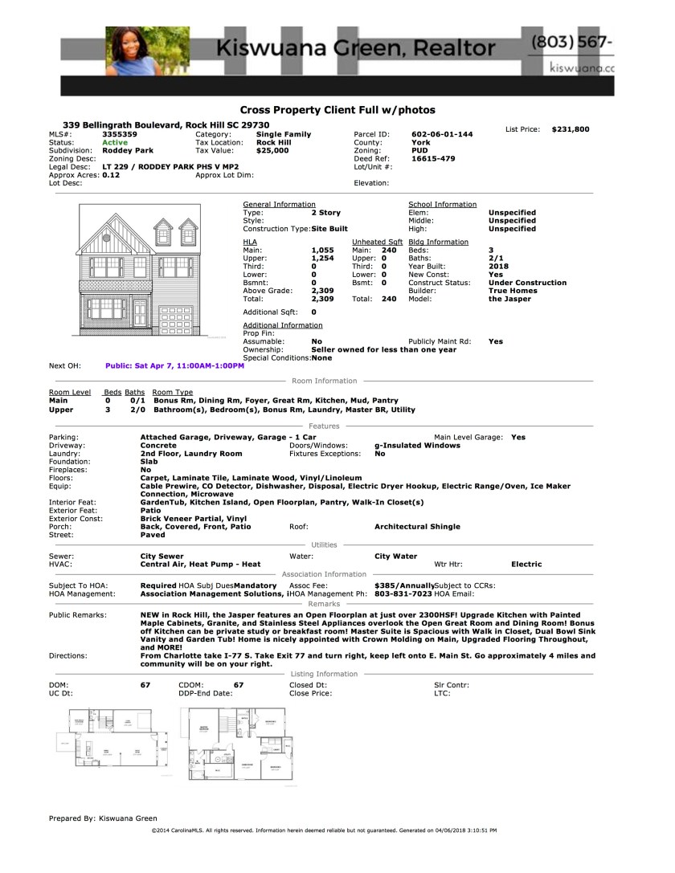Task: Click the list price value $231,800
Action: click(x=571, y=129)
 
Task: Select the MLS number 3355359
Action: click(x=120, y=134)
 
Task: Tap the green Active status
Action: click(x=115, y=142)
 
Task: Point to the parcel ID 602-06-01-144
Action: click(x=442, y=134)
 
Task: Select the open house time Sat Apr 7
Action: click(x=174, y=365)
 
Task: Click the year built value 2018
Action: click(x=498, y=267)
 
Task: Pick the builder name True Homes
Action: click(x=513, y=291)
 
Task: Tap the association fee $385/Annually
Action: click(x=404, y=586)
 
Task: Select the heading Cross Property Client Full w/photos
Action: click(x=337, y=110)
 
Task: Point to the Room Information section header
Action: click(x=325, y=381)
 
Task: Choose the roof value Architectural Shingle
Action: click(x=417, y=527)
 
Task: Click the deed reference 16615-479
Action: click(x=433, y=158)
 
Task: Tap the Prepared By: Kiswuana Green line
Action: click(x=103, y=818)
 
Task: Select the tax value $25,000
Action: click(x=272, y=150)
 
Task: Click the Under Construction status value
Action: click(x=527, y=283)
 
